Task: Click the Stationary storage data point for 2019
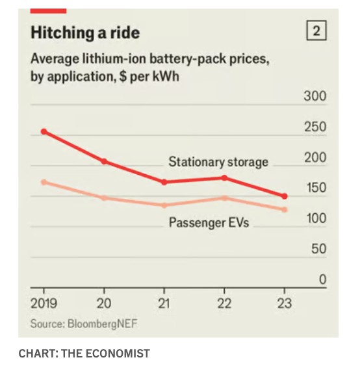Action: click(x=44, y=131)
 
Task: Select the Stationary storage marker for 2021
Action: click(x=164, y=182)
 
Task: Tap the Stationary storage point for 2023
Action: click(x=285, y=196)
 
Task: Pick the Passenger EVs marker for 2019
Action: click(x=44, y=183)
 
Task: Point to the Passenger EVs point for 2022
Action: click(x=224, y=198)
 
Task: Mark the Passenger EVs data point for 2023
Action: click(x=285, y=210)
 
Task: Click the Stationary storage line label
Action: click(x=218, y=162)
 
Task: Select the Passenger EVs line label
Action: click(x=209, y=223)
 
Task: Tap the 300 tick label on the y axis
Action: click(x=315, y=96)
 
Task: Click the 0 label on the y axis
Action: click(x=323, y=279)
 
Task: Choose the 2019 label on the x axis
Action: click(x=44, y=304)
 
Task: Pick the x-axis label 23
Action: click(x=285, y=304)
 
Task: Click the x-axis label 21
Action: click(x=164, y=304)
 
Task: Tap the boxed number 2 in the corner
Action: click(x=316, y=31)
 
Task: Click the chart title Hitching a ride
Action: click(x=85, y=32)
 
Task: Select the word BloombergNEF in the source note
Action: click(x=103, y=324)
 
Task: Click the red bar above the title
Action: click(x=48, y=11)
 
